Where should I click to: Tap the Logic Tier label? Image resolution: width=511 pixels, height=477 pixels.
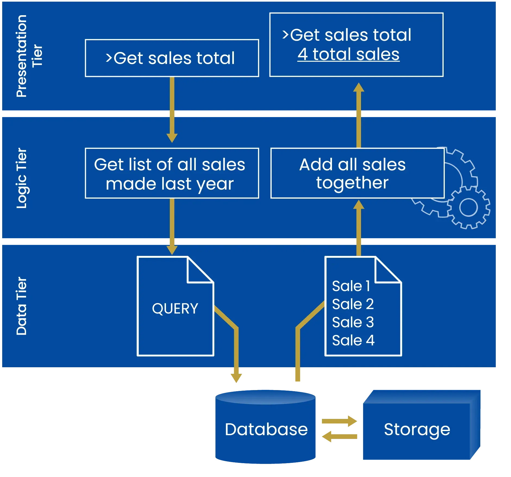click(x=22, y=178)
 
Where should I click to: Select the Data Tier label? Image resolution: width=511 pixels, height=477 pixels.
click(x=22, y=306)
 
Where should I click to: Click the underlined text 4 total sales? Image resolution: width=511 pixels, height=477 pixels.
click(x=348, y=54)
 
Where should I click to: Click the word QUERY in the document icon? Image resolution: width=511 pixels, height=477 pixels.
click(x=175, y=309)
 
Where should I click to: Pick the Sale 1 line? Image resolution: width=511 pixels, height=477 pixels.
click(x=351, y=286)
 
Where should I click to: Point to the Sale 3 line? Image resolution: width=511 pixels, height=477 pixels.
click(x=353, y=322)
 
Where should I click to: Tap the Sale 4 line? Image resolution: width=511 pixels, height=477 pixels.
click(x=353, y=340)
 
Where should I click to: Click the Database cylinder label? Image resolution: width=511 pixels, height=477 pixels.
click(x=266, y=429)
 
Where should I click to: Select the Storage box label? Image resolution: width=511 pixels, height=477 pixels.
click(x=417, y=429)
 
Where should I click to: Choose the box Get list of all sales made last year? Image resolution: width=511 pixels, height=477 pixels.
click(x=172, y=173)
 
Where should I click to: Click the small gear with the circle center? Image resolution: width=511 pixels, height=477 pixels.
click(x=468, y=208)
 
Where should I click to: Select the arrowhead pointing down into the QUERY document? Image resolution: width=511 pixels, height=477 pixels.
click(x=172, y=249)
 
